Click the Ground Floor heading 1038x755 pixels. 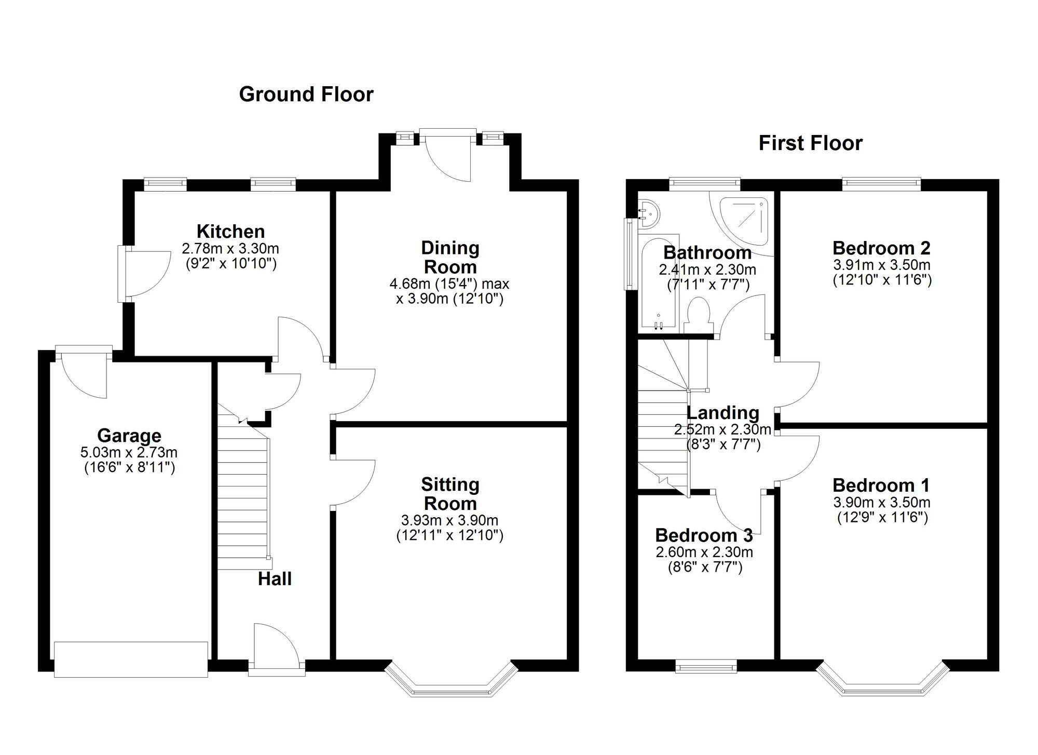pos(306,95)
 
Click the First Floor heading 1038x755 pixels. pos(810,143)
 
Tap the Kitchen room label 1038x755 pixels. pos(230,232)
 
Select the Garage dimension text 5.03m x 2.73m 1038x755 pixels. pos(129,453)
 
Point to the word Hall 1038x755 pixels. pos(275,579)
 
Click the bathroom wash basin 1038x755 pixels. pos(649,214)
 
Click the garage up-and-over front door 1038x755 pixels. pos(131,659)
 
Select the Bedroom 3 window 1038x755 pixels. pos(706,666)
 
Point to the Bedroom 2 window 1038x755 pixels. pos(881,182)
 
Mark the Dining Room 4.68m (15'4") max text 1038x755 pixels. pos(449,284)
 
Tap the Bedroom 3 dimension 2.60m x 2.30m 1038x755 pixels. pos(704,552)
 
